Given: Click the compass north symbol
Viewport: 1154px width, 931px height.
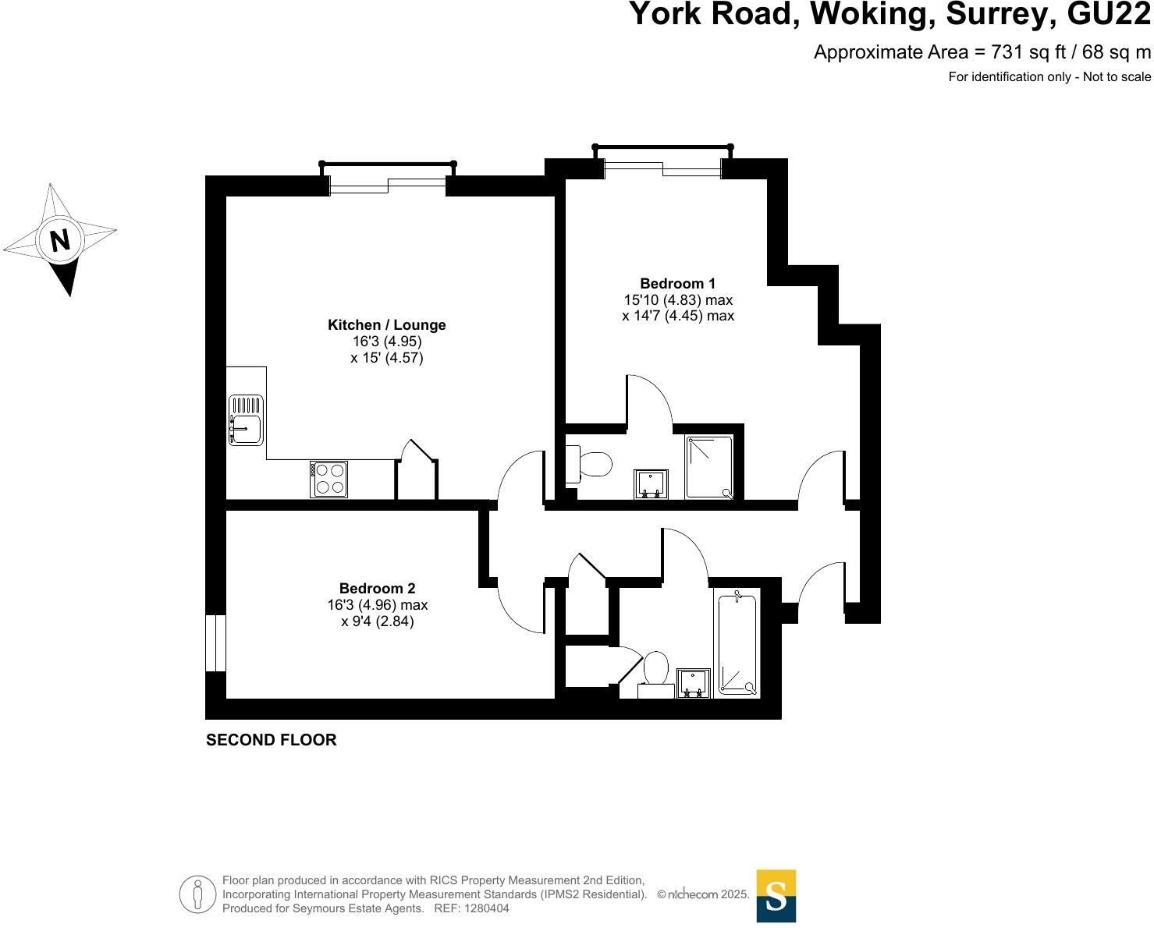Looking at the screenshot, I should click(x=60, y=239).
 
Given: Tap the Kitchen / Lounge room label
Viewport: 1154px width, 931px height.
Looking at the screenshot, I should click(x=386, y=325).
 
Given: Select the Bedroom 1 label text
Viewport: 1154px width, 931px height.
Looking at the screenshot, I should click(x=677, y=284).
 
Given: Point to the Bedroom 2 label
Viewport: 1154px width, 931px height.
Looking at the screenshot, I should click(x=377, y=589).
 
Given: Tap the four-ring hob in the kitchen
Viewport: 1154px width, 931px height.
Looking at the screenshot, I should click(x=328, y=479).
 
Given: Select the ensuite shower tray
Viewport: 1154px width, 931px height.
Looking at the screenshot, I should click(x=709, y=467).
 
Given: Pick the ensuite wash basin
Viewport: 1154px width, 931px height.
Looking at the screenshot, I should click(x=651, y=483).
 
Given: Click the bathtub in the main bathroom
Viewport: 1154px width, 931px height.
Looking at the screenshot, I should click(x=737, y=642).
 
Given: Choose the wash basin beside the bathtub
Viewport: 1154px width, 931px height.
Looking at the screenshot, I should click(x=693, y=683).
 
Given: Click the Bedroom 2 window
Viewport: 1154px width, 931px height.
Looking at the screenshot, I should click(x=215, y=643).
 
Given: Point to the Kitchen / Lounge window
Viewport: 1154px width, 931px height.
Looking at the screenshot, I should click(x=388, y=185).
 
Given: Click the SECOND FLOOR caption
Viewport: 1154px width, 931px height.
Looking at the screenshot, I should click(x=271, y=740).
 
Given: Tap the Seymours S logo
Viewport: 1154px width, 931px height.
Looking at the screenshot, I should click(x=776, y=896).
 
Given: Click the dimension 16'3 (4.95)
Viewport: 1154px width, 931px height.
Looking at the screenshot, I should click(x=386, y=342).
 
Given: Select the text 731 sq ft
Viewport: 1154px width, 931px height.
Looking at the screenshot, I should click(x=1021, y=52).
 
